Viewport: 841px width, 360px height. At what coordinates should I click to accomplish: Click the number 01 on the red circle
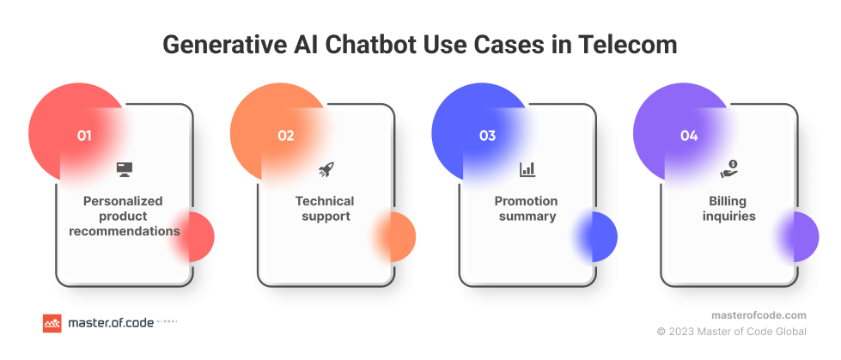pyautogui.click(x=84, y=136)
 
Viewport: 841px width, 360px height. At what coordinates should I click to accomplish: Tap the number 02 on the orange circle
pyautogui.click(x=286, y=136)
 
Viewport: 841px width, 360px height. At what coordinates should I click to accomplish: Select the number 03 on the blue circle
pyautogui.click(x=488, y=136)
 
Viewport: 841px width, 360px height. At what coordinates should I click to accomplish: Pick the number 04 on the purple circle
pyautogui.click(x=689, y=136)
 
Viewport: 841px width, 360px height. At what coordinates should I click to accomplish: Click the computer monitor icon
pyautogui.click(x=125, y=169)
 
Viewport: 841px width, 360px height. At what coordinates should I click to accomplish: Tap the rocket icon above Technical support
pyautogui.click(x=326, y=169)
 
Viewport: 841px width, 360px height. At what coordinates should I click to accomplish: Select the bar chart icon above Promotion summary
pyautogui.click(x=527, y=169)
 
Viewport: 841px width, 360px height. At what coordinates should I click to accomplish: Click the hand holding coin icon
pyautogui.click(x=729, y=169)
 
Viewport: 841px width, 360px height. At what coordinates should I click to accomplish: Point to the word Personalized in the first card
pyautogui.click(x=123, y=201)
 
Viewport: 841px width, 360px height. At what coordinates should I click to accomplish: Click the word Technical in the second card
pyautogui.click(x=325, y=201)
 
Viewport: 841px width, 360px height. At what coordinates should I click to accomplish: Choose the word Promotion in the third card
pyautogui.click(x=526, y=201)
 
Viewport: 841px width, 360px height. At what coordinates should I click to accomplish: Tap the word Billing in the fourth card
pyautogui.click(x=728, y=202)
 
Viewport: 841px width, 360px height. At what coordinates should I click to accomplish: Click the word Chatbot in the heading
pyautogui.click(x=375, y=45)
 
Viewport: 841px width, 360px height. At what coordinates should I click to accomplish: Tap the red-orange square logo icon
pyautogui.click(x=52, y=323)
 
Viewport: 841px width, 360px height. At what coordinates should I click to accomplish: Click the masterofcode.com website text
pyautogui.click(x=759, y=315)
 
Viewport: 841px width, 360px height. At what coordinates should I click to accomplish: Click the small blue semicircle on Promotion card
pyautogui.click(x=600, y=236)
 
